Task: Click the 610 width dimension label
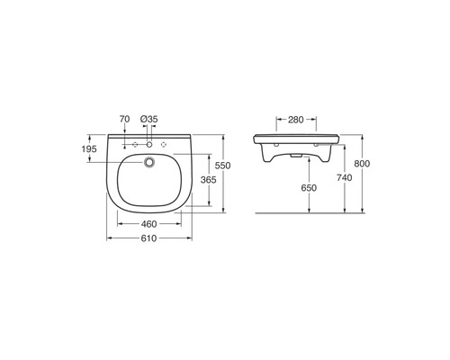point(148,238)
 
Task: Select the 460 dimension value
point(148,224)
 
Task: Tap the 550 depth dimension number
point(223,166)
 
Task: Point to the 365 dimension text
point(209,180)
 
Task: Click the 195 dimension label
point(89,148)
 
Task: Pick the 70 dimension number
point(124,119)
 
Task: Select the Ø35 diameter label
point(149,119)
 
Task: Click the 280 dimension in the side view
point(296,120)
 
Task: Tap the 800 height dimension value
point(362,164)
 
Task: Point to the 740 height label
point(344,178)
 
